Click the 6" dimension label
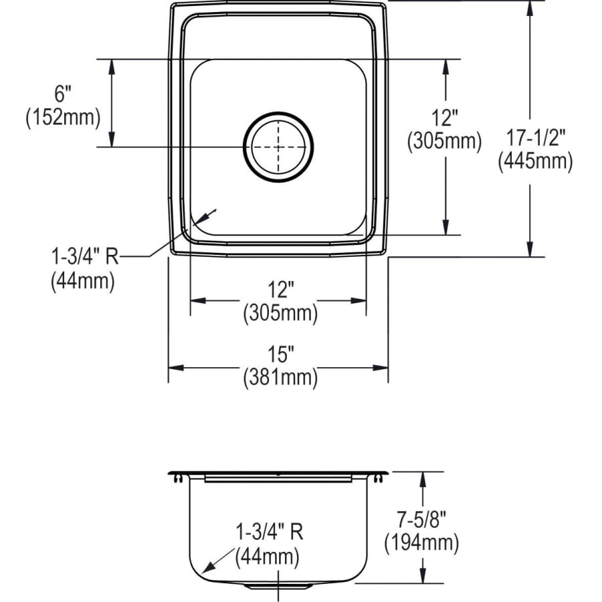pyautogui.click(x=63, y=94)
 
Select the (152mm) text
pyautogui.click(x=63, y=117)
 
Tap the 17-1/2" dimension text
pyautogui.click(x=536, y=137)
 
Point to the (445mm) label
pyautogui.click(x=536, y=161)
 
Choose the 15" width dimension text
pyautogui.click(x=281, y=354)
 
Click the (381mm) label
pyautogui.click(x=281, y=377)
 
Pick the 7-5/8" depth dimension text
pyautogui.click(x=421, y=520)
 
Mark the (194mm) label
pyautogui.click(x=421, y=543)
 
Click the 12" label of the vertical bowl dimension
pyautogui.click(x=445, y=118)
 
